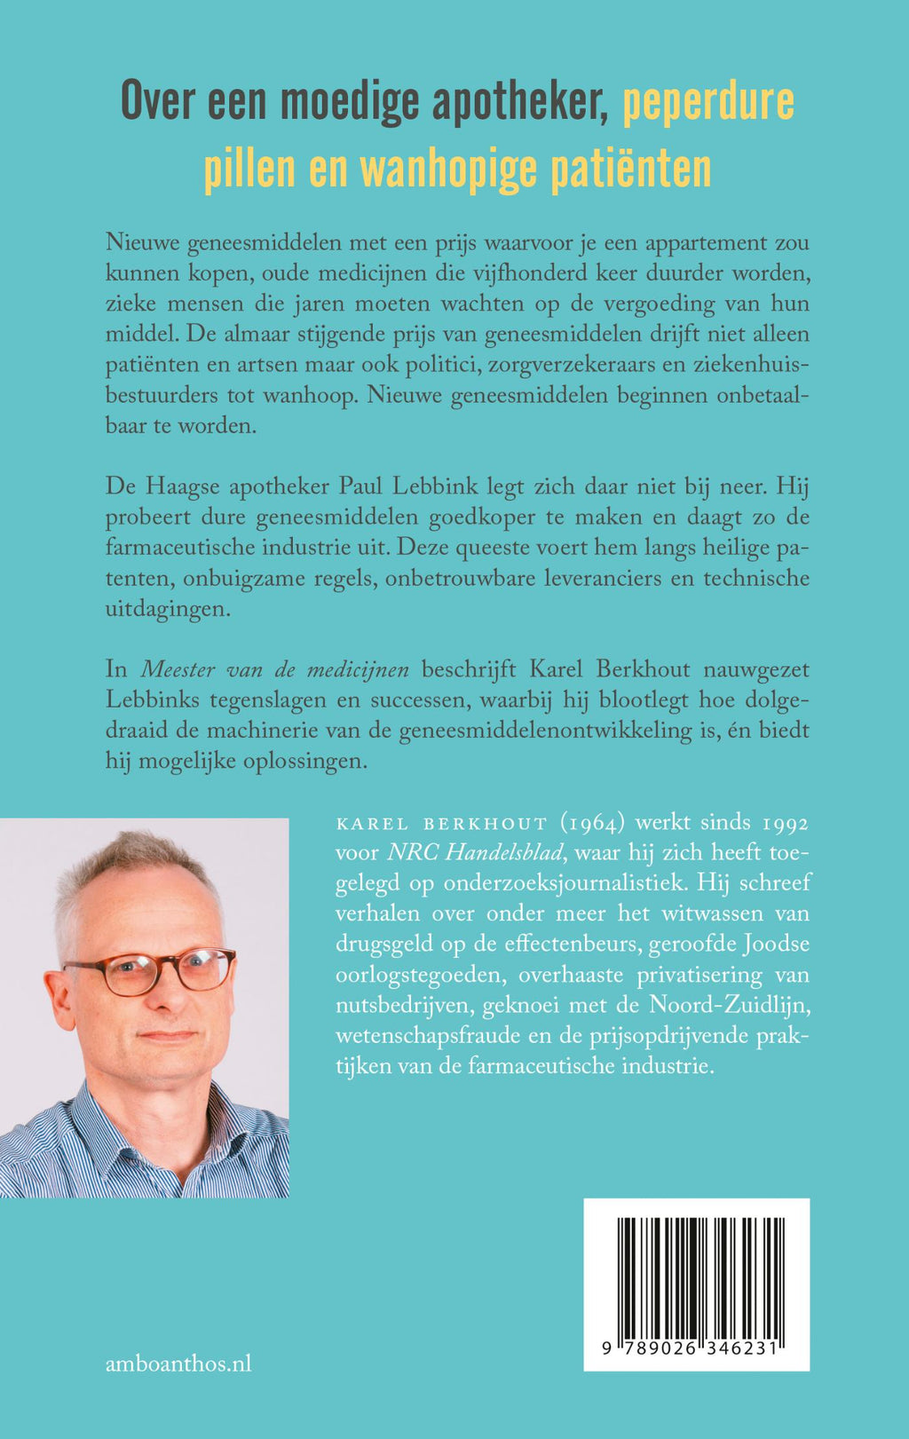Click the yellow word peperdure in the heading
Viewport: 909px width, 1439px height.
(707, 103)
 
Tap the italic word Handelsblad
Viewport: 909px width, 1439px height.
(504, 853)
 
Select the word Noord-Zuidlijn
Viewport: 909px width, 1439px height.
(731, 1005)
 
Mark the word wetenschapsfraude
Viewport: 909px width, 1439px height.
(414, 1036)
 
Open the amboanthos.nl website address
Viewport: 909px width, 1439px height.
(178, 1364)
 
